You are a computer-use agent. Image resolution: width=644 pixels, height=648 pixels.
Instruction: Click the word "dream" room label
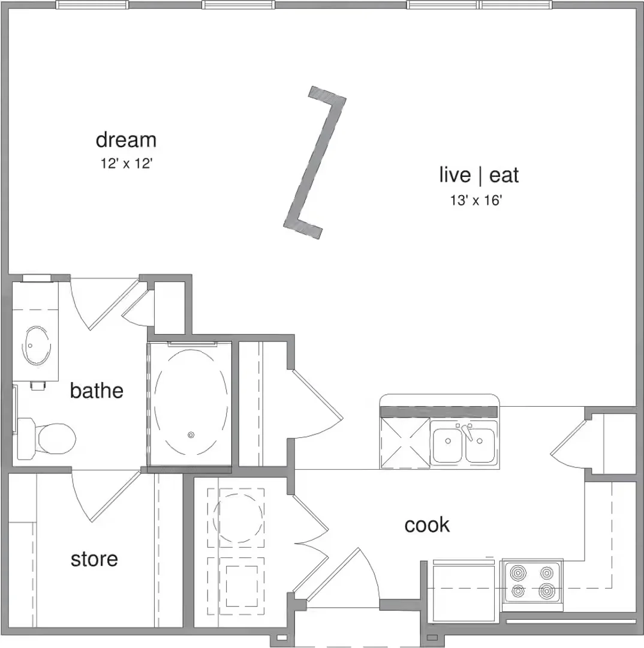coord(126,140)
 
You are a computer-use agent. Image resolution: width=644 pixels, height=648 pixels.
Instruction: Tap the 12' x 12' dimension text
coord(127,164)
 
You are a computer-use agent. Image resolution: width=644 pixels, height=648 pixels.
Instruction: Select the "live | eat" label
coord(479,175)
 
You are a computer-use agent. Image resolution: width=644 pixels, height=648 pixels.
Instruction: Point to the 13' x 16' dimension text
coord(476,200)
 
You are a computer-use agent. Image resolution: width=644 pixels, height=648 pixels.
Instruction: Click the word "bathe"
coord(97,391)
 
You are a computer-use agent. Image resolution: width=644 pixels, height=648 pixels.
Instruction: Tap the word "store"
coord(94,559)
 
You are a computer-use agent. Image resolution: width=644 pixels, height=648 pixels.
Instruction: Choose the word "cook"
coord(427,525)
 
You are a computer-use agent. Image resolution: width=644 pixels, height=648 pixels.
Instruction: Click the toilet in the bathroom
coord(46,439)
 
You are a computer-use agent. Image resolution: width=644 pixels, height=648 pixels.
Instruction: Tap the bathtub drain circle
coord(191,435)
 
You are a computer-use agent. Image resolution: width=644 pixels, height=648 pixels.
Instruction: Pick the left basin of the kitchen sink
coord(447,445)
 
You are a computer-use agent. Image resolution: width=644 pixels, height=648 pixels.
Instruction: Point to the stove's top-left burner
coord(518,573)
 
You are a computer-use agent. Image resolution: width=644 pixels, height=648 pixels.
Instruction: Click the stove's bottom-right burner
coord(546,592)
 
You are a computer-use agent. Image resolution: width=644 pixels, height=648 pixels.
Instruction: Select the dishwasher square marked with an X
coord(405,443)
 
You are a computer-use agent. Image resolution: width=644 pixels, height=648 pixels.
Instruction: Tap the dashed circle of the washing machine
coord(238,518)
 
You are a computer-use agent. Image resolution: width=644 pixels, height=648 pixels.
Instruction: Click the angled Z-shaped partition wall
coord(314,163)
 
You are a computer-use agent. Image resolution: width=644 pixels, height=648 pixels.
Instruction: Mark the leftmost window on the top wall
coord(92,5)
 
